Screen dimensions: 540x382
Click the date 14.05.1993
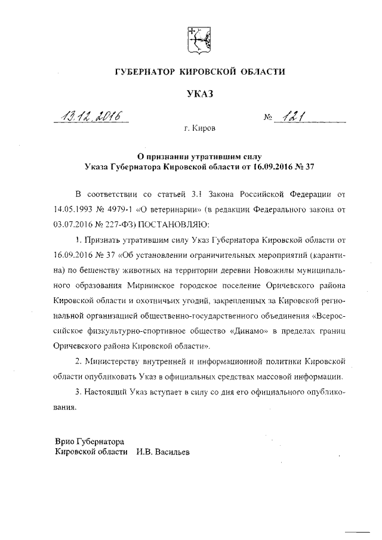point(74,209)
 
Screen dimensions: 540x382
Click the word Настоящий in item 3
point(111,392)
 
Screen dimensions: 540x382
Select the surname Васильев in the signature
point(171,452)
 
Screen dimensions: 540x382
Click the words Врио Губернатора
point(89,442)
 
